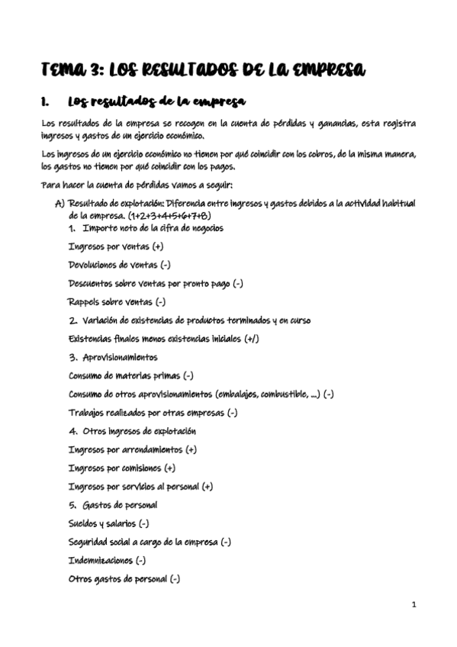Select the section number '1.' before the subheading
tap(46, 101)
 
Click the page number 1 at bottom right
tap(414, 605)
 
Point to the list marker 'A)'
tap(60, 204)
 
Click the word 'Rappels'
tap(88, 302)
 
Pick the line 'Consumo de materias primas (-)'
tap(130, 375)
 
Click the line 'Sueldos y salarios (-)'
tap(109, 523)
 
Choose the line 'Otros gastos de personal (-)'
tap(124, 578)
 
